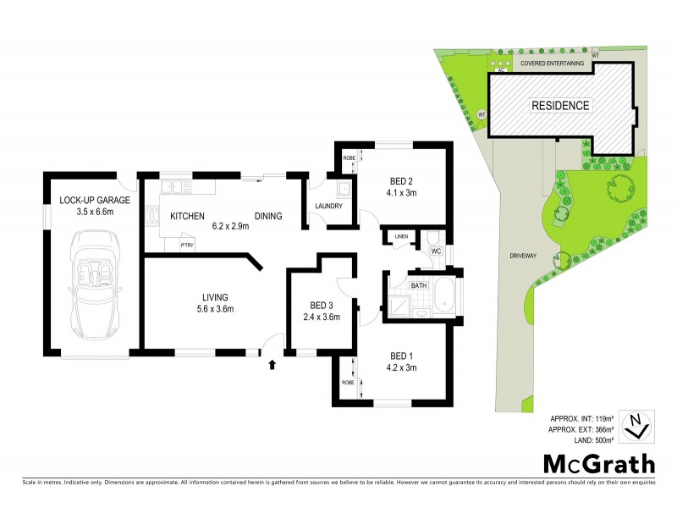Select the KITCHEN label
pos(186,217)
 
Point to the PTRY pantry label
pos(188,245)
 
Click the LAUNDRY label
pos(327,206)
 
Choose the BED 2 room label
pos(401,181)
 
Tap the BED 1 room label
pos(402,356)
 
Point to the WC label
pos(437,251)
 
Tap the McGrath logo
pos(598,463)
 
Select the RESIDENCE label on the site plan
pos(560,106)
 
